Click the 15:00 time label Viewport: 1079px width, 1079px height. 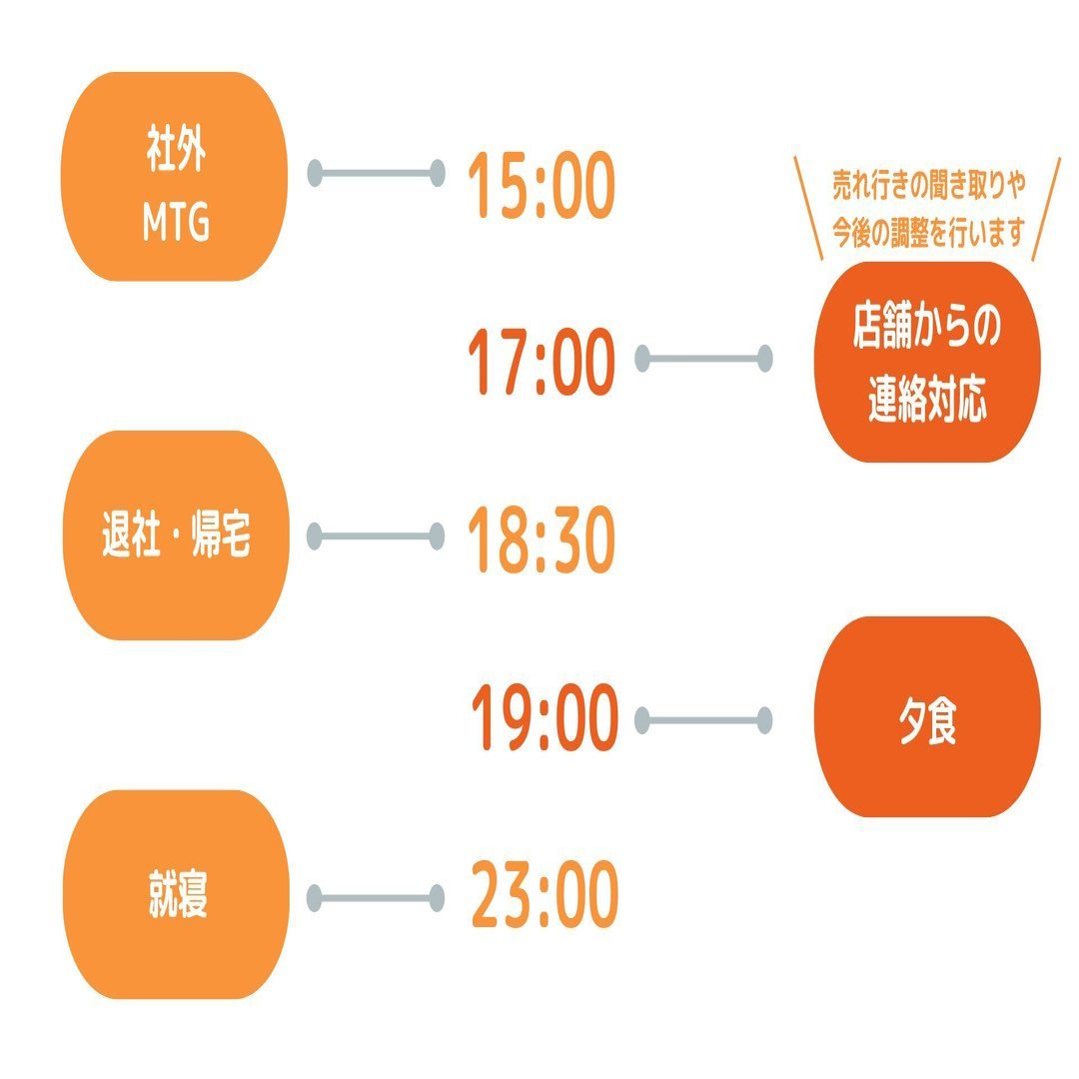click(540, 187)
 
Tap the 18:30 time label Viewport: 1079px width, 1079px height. click(540, 542)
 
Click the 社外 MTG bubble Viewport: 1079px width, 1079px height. click(175, 177)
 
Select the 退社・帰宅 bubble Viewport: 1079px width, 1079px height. click(175, 536)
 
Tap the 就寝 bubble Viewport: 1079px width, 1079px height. click(175, 895)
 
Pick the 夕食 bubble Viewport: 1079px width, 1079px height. click(927, 716)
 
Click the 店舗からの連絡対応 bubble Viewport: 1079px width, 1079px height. click(927, 362)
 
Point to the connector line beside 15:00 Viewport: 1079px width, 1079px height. click(376, 174)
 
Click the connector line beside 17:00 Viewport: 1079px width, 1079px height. click(703, 358)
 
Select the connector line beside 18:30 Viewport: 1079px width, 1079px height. click(376, 537)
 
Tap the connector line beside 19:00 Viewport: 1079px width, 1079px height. click(703, 720)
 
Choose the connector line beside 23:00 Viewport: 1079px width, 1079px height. click(376, 897)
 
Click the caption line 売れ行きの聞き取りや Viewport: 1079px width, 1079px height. click(929, 186)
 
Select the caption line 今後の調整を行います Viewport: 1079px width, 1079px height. click(929, 233)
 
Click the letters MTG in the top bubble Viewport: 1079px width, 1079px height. click(176, 225)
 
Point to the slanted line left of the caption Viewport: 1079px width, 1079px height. click(808, 209)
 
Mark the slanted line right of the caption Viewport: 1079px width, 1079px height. click(1046, 209)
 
